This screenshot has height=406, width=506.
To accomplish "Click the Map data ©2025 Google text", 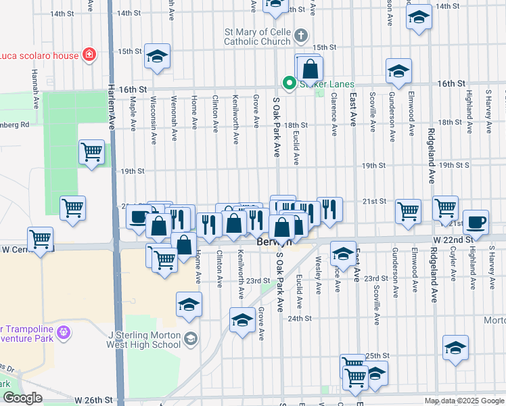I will click(x=464, y=401).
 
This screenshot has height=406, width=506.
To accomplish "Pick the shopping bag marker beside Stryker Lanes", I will click(x=309, y=68).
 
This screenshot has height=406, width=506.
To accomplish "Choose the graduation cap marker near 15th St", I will click(x=157, y=57).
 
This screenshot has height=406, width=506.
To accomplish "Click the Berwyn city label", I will click(x=273, y=242).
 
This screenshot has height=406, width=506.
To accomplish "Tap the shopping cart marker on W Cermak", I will click(x=40, y=239).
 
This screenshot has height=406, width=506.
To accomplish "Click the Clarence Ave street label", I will click(x=333, y=104).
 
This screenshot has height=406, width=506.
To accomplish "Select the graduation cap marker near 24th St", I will click(x=241, y=319).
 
